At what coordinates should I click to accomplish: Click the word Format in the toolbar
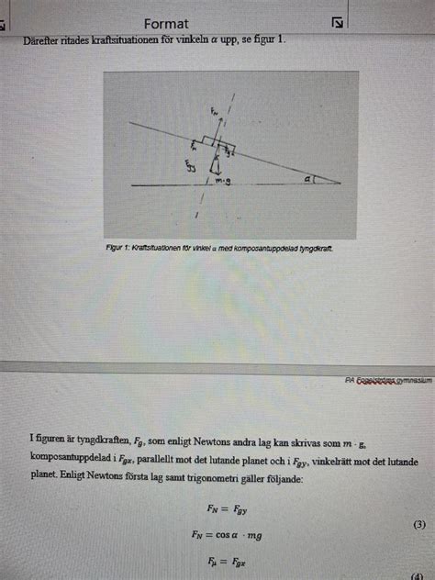166,24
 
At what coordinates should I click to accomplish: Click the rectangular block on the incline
219,144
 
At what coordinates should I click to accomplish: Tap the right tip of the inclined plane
340,183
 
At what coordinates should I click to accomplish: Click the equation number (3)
418,523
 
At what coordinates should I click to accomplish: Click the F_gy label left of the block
190,167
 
